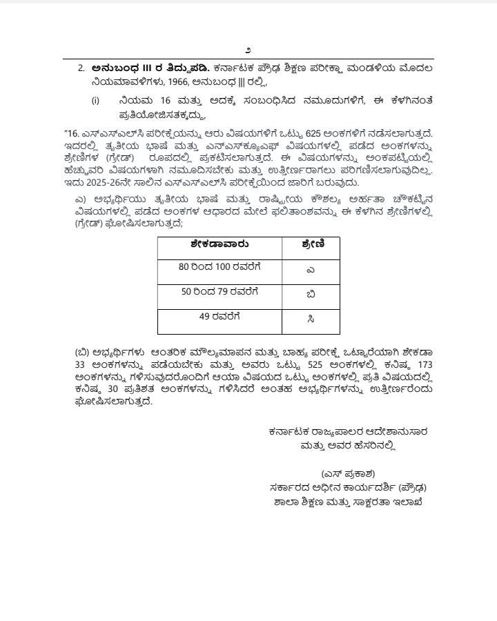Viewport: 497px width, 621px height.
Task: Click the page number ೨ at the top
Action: point(248,50)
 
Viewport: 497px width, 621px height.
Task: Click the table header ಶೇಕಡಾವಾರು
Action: point(220,244)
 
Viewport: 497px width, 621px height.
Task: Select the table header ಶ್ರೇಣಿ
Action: point(311,244)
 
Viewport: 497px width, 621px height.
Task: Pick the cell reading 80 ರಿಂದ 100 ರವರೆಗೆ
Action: point(220,266)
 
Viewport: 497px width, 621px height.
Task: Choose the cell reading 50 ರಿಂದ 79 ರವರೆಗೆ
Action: point(220,292)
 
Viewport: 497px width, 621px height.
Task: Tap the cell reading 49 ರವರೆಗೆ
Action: point(220,317)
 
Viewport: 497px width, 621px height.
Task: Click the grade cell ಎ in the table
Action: point(311,270)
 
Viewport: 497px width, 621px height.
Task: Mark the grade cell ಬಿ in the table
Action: point(311,295)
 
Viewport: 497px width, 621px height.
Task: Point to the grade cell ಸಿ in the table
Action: point(311,319)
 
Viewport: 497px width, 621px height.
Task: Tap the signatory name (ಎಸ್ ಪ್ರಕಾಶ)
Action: point(348,473)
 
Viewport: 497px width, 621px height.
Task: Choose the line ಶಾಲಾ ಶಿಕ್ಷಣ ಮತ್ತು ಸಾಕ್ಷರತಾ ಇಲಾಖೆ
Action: point(348,502)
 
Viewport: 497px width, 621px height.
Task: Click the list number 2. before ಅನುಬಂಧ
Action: point(81,68)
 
